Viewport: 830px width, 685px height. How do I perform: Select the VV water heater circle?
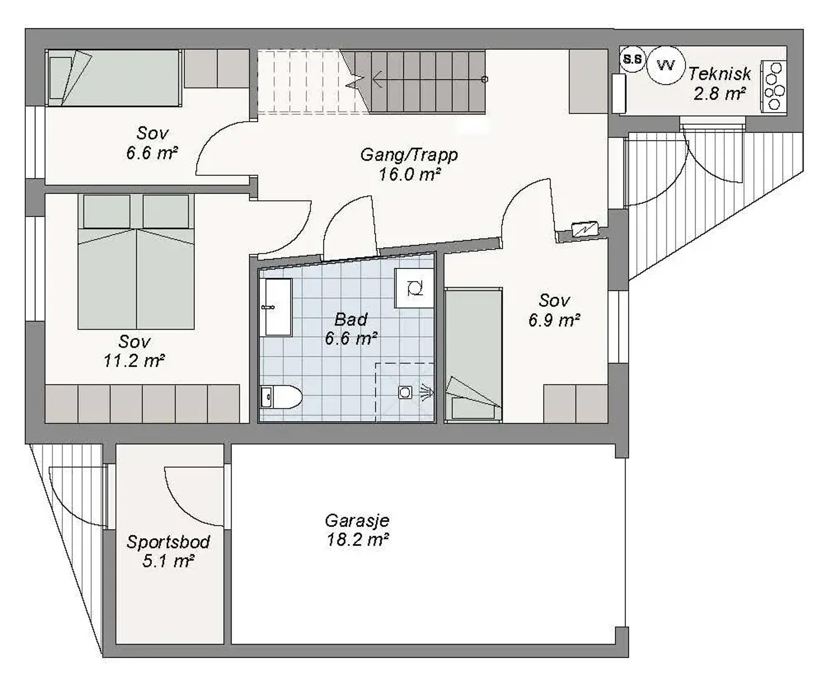click(666, 65)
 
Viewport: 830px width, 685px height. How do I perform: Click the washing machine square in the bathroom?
click(414, 288)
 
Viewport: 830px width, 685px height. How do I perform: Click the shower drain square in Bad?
click(405, 393)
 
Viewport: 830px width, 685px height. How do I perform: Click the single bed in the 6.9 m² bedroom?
click(473, 355)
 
